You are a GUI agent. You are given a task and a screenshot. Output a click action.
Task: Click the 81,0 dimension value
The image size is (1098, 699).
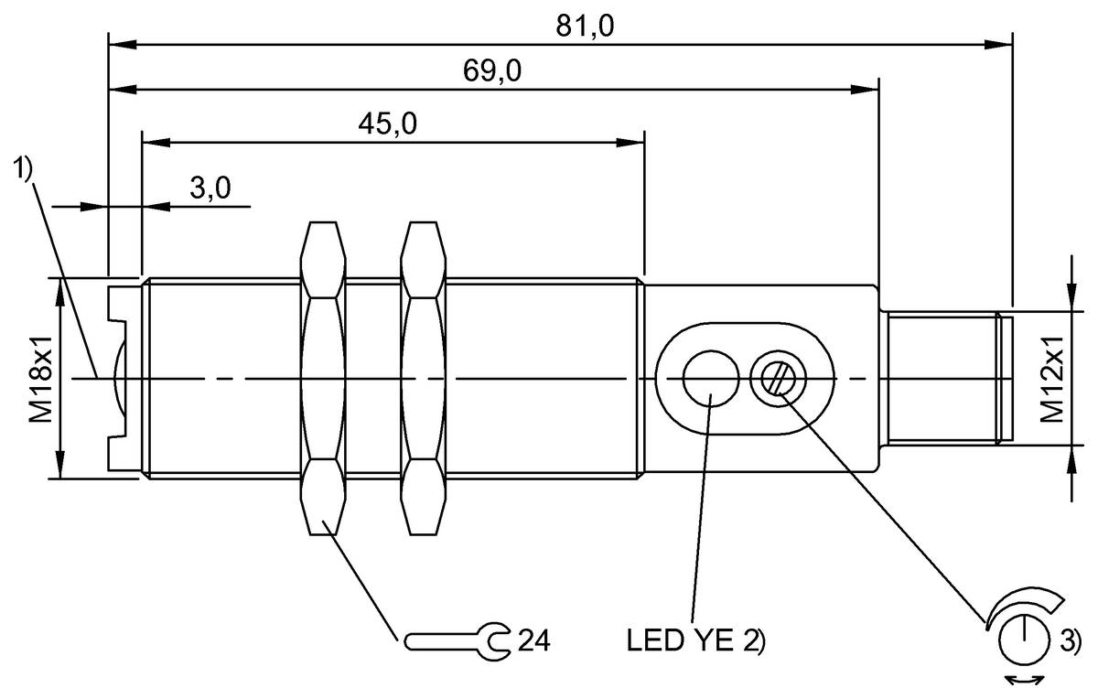click(x=586, y=27)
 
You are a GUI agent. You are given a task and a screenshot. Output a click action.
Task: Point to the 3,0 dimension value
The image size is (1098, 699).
click(x=210, y=189)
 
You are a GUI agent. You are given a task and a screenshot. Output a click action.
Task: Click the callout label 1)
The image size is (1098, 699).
click(x=23, y=168)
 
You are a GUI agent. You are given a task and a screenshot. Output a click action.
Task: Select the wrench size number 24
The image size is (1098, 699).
click(x=533, y=640)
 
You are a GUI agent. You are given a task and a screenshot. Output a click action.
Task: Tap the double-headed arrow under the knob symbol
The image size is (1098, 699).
click(x=1024, y=678)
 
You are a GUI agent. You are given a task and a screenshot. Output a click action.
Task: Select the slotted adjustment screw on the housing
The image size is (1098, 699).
click(x=774, y=377)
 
